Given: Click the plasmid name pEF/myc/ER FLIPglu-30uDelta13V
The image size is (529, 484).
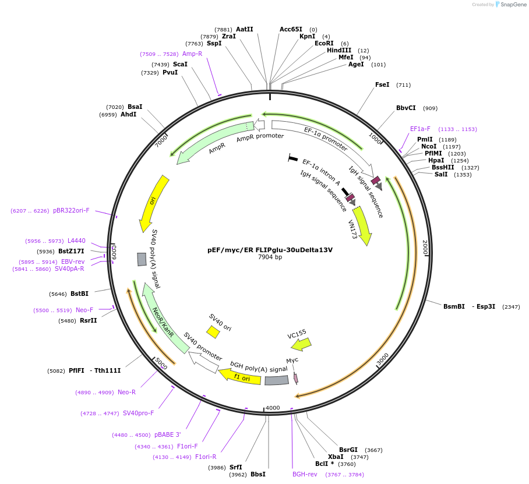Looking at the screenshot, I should [270, 250].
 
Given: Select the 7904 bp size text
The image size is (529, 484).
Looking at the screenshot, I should [270, 257].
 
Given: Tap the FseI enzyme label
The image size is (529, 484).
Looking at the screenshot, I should [382, 84].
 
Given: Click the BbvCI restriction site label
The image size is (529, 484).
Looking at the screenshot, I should [406, 108].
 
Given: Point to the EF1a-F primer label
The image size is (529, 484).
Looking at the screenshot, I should [420, 129].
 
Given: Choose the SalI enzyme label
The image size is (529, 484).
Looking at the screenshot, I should [441, 174].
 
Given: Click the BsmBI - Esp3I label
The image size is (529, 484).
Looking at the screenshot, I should [469, 306].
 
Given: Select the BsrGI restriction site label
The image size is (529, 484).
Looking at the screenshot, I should [348, 450].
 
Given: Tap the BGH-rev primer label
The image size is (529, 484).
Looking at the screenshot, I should [305, 474].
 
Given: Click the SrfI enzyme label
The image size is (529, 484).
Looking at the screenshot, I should [235, 467].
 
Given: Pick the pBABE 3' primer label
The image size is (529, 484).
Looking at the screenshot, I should [168, 434].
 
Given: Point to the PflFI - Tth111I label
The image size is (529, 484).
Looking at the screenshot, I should [94, 370].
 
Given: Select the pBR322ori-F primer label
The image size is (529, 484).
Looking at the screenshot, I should [71, 210].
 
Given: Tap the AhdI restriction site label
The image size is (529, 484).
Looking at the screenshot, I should [128, 114].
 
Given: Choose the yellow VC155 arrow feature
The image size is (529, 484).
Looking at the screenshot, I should [301, 344].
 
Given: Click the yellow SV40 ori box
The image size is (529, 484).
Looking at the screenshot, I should [213, 332].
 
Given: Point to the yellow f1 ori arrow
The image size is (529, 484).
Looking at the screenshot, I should [240, 376].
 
